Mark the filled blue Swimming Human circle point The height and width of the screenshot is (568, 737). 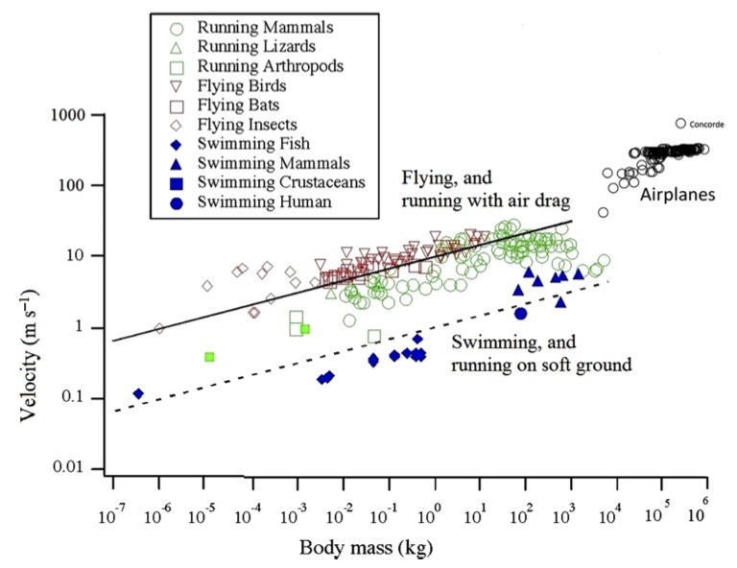pos(521,314)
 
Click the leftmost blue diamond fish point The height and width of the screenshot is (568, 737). pos(138,393)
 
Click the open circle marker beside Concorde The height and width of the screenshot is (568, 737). pos(680,124)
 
